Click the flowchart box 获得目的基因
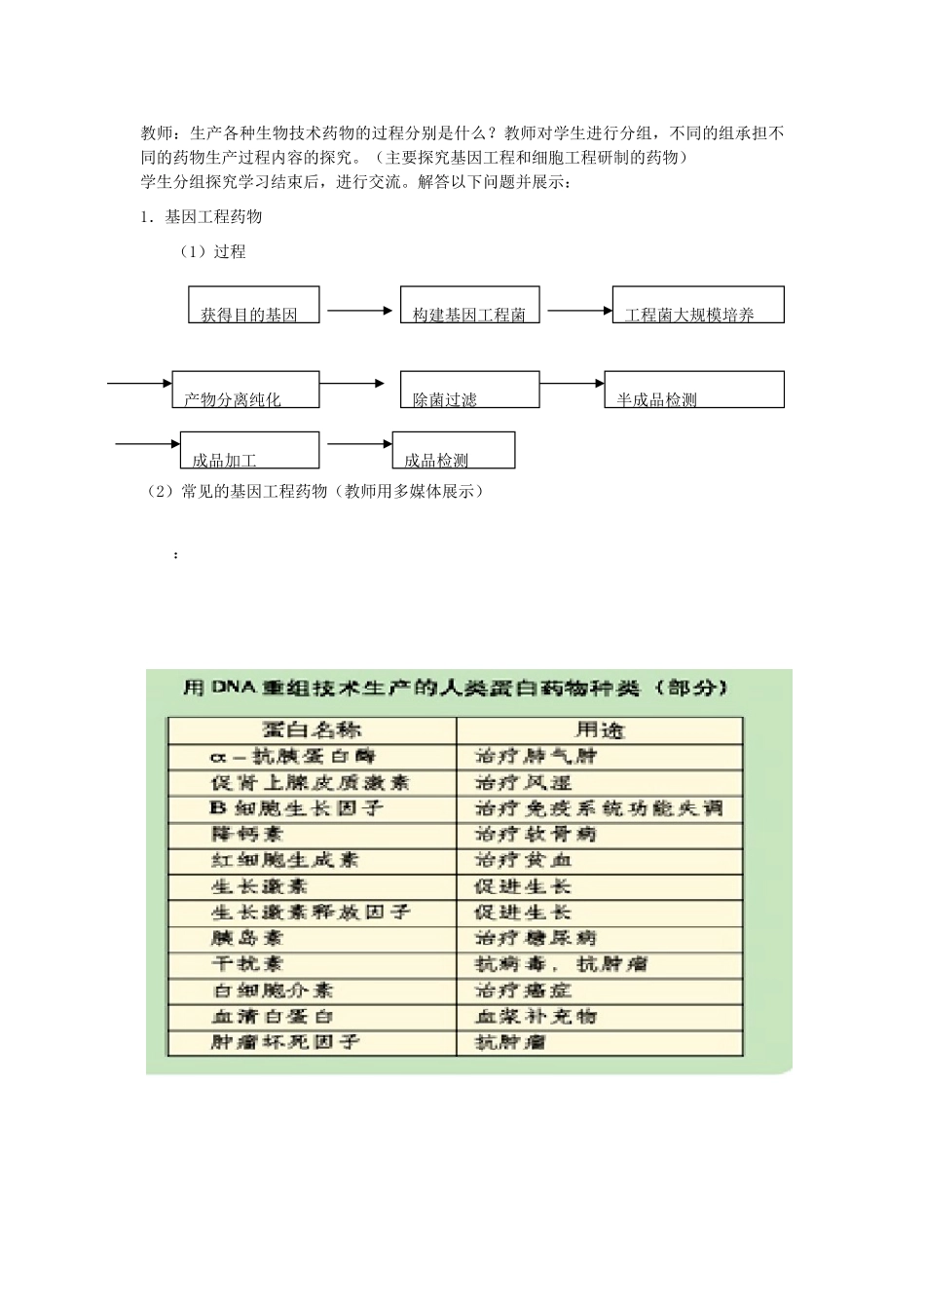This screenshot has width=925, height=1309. [253, 305]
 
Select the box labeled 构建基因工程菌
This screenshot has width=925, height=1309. [470, 305]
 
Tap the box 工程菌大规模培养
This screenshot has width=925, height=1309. [698, 305]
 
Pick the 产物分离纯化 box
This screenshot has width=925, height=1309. [245, 390]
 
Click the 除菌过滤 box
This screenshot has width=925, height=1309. [469, 390]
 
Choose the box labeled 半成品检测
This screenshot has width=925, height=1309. [693, 390]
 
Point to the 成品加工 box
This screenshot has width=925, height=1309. [245, 451]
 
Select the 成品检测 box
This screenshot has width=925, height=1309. [454, 451]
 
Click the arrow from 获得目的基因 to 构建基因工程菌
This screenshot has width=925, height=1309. [359, 311]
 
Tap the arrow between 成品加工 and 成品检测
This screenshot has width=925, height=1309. [359, 445]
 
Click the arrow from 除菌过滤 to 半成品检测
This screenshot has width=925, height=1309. [572, 384]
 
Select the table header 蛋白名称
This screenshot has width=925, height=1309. [311, 730]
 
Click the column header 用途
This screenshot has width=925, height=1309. [599, 730]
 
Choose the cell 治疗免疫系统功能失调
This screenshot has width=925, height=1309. [599, 808]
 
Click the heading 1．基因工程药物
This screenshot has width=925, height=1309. [202, 216]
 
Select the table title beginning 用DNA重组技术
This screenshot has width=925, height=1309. [456, 689]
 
